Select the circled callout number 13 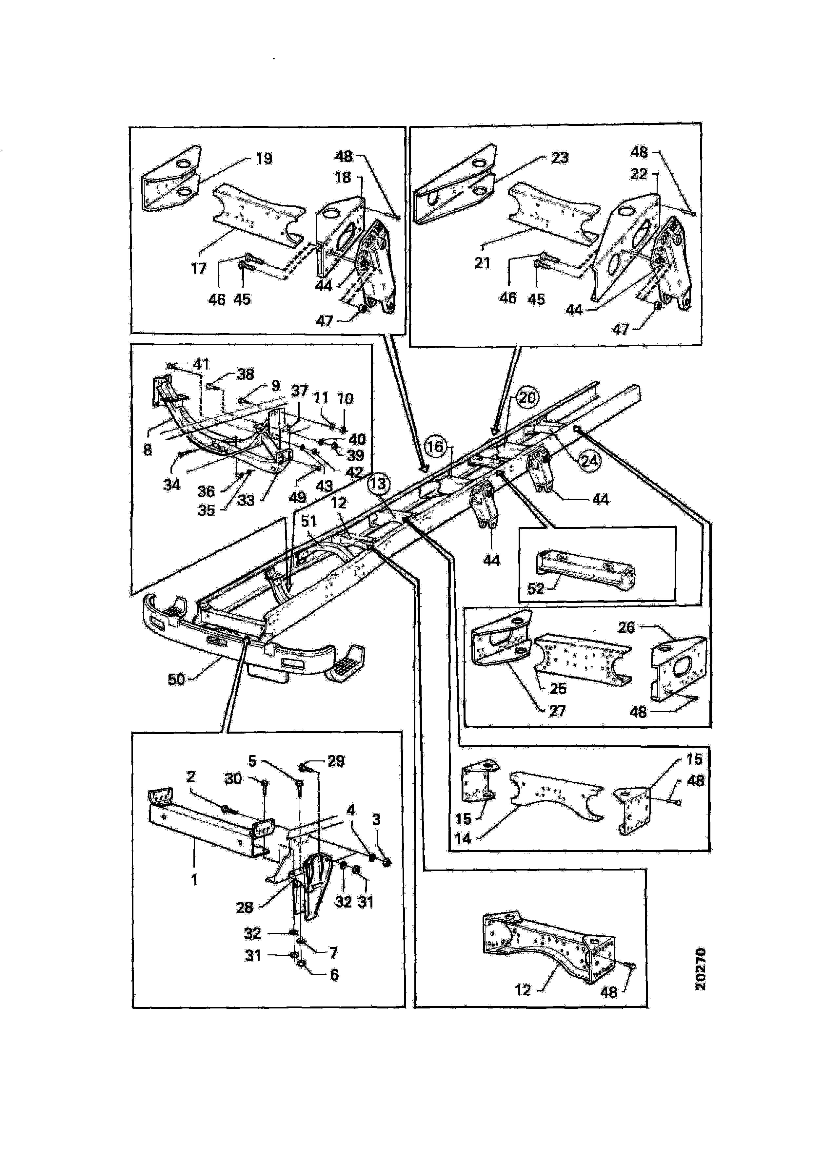pos(378,484)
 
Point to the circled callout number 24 pos(589,460)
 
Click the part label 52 pos(536,588)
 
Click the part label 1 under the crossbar pos(194,879)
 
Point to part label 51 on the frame pos(308,522)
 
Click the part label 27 pos(557,711)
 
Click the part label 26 pos(626,627)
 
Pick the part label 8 pos(147,450)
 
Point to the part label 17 pos(199,268)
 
